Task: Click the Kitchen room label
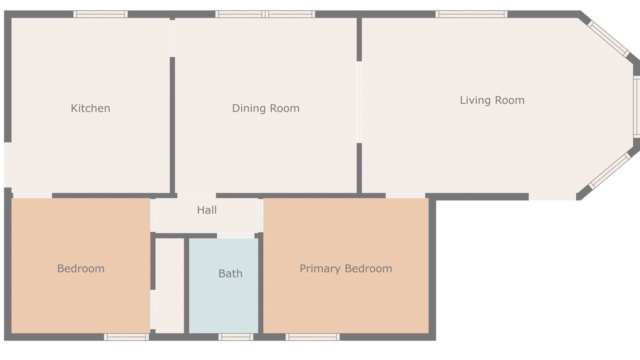pos(90,108)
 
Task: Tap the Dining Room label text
pos(265,108)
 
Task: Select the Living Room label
pos(492,100)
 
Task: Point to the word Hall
pos(206,210)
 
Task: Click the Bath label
pos(230,273)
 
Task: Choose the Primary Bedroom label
pos(345,268)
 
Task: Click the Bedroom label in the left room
pos(81,268)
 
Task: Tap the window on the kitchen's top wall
pos(100,14)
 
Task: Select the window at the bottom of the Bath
pos(235,337)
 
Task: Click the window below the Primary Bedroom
pos(312,337)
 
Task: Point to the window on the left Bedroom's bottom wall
pos(126,337)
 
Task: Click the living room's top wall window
pos(471,14)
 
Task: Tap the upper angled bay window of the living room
pos(608,39)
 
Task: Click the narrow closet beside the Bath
pos(169,285)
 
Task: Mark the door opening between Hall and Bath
pos(235,235)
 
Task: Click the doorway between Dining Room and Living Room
pos(359,102)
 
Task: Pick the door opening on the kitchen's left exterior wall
pos(7,165)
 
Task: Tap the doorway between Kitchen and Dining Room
pos(172,38)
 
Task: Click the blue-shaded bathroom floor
pos(223,285)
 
